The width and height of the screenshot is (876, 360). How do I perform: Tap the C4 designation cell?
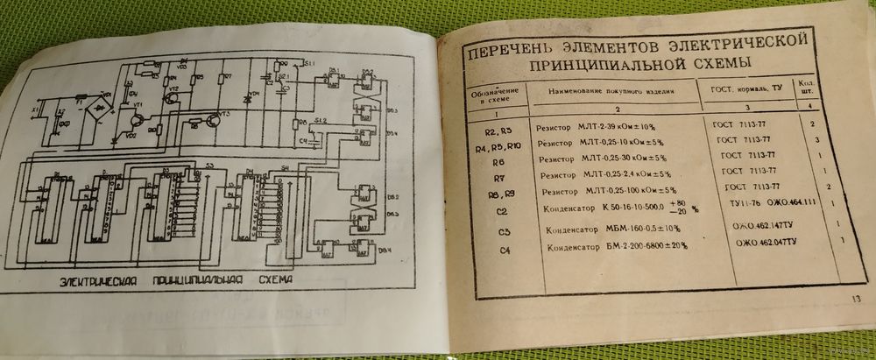tap(500, 251)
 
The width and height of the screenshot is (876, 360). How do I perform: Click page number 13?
tap(854, 301)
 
